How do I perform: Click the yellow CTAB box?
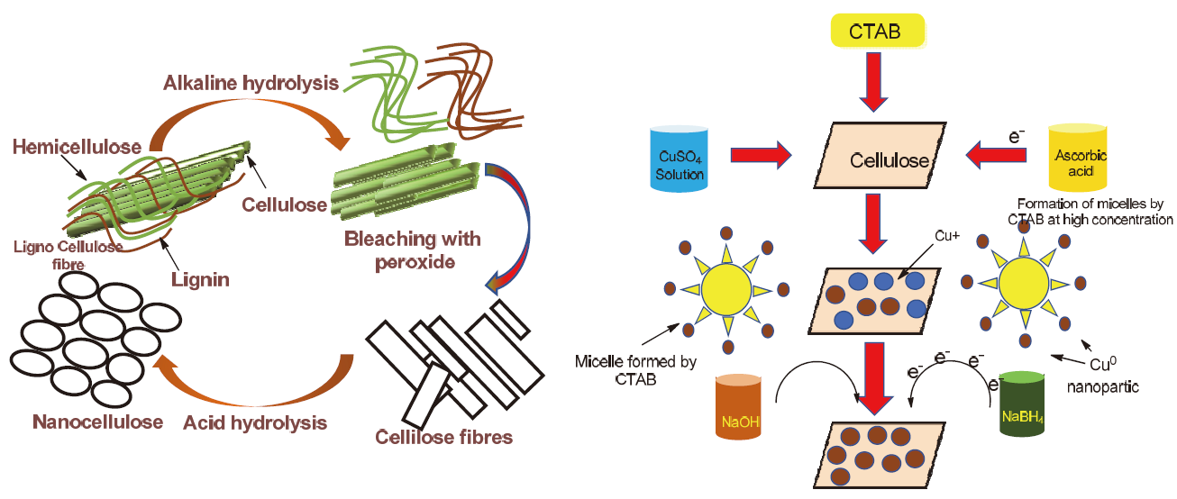point(873,32)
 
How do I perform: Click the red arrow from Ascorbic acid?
point(997,157)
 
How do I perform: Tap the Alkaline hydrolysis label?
point(251,84)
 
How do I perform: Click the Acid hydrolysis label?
point(256,422)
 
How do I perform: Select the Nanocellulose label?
point(97,422)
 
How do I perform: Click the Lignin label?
point(200,279)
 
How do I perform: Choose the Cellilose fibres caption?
point(443,438)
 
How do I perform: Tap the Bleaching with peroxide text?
point(413,250)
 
